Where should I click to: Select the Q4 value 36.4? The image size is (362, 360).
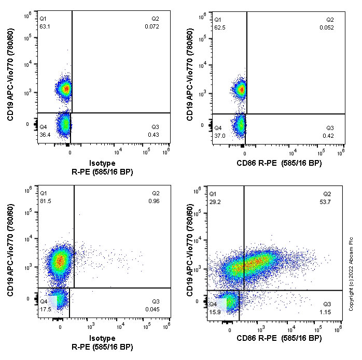click(x=45, y=134)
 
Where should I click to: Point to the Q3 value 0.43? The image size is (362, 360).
click(x=154, y=135)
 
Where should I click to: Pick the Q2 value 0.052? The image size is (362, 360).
click(x=327, y=26)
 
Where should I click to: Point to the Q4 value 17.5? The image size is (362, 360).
click(x=45, y=309)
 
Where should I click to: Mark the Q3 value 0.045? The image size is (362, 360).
click(x=152, y=310)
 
